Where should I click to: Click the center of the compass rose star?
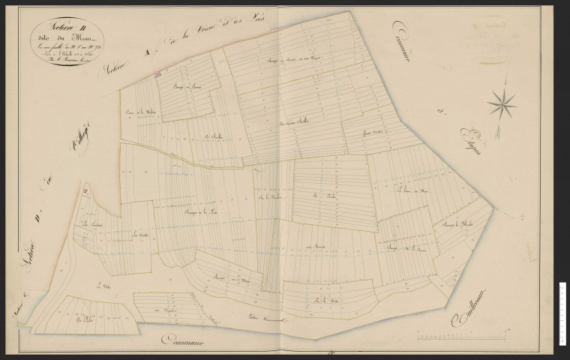click(502, 103)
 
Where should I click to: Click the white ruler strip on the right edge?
click(562, 315)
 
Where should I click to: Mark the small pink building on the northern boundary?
click(158, 73)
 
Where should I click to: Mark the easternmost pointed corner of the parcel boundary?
click(493, 205)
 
